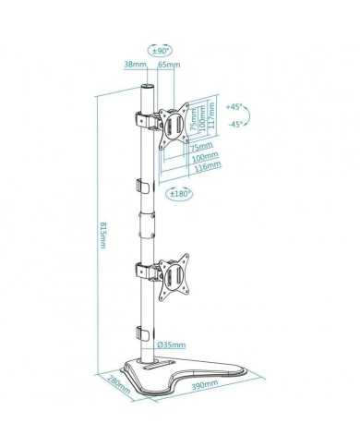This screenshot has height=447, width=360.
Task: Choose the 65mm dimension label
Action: (170, 66)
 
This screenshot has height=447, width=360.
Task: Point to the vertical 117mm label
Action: (214, 116)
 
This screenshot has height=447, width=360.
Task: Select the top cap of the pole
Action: (144, 87)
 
